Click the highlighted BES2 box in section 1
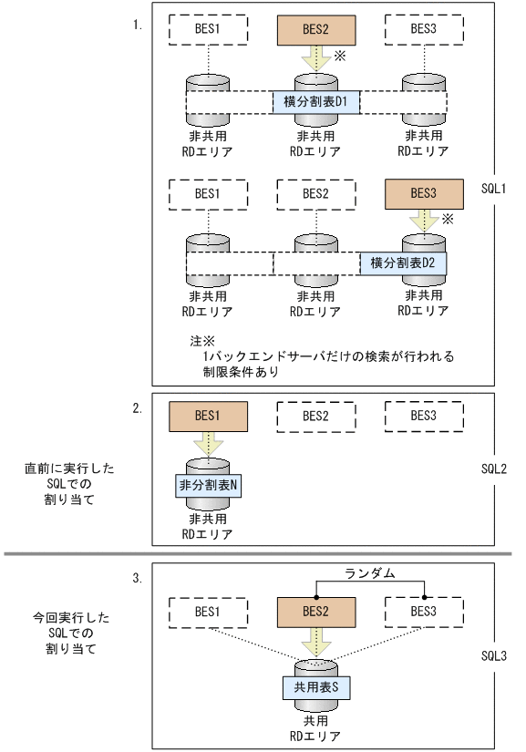click(x=315, y=30)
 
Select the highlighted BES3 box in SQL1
click(x=423, y=193)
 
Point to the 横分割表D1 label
click(x=315, y=101)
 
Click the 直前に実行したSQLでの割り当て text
click(x=69, y=484)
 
